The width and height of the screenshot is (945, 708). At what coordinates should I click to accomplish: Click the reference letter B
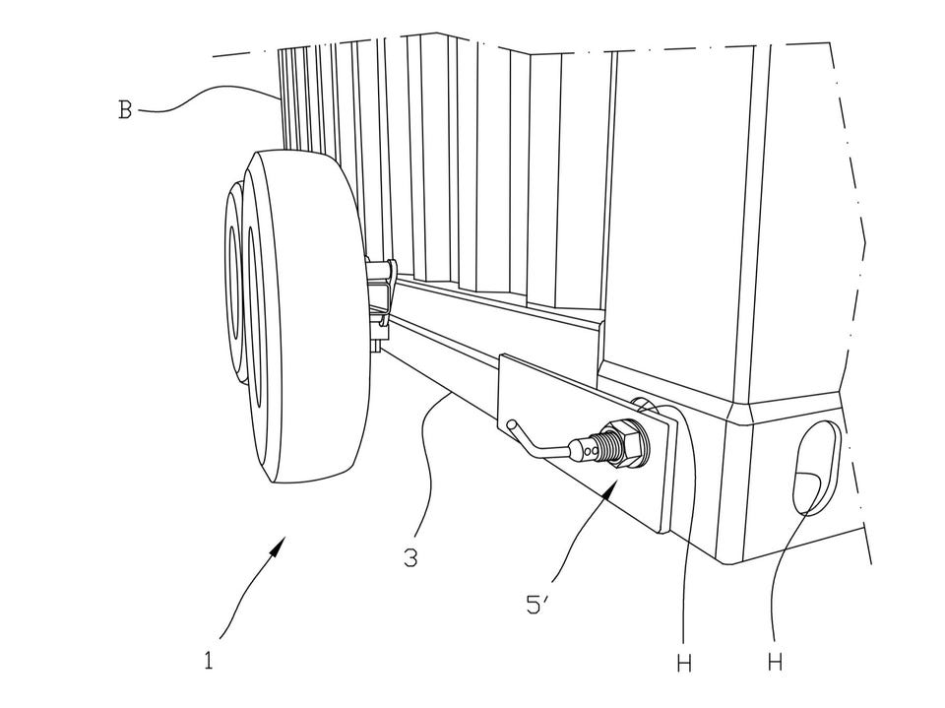[125, 109]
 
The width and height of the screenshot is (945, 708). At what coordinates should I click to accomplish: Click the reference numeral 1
[208, 661]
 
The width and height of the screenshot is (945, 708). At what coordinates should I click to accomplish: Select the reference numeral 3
[409, 558]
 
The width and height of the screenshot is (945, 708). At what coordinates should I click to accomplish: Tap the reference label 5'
[536, 605]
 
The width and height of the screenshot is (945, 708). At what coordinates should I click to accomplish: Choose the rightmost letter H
[775, 663]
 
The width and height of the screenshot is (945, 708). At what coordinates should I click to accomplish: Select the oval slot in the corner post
[815, 467]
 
